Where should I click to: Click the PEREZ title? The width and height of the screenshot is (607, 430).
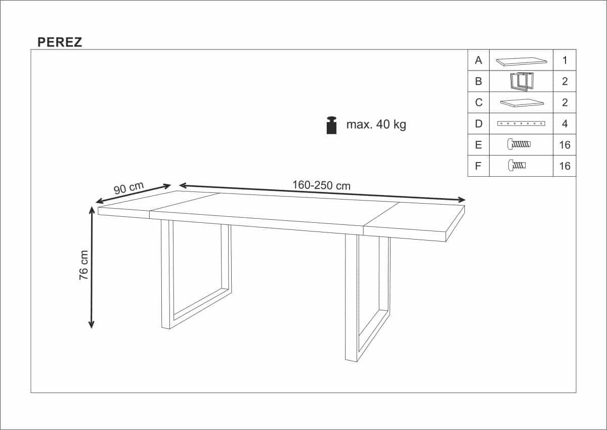click(x=60, y=43)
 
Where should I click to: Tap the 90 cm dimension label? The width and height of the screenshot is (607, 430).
click(x=128, y=188)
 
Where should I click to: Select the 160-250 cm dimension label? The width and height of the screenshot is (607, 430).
click(x=321, y=185)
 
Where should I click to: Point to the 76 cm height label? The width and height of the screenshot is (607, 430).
click(x=84, y=265)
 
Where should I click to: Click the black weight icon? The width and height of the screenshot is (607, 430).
click(x=332, y=125)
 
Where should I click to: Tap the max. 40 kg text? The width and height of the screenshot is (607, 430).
click(x=376, y=125)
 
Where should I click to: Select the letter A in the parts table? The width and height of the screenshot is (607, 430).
click(x=479, y=60)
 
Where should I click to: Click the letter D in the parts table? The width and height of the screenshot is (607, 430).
click(x=479, y=124)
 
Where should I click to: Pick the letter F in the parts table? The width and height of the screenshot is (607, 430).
click(x=479, y=166)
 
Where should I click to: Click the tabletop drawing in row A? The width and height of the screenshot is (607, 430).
click(x=521, y=61)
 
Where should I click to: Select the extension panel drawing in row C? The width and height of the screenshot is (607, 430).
click(x=522, y=103)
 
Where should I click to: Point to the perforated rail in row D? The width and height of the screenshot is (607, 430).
click(x=521, y=124)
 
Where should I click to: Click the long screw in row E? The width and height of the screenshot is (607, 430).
click(x=519, y=144)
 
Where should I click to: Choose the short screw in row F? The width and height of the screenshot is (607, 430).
click(x=517, y=165)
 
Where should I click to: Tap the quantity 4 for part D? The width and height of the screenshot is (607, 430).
click(x=565, y=124)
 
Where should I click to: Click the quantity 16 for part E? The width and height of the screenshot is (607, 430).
click(x=565, y=145)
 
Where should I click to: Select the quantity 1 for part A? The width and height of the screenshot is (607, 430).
click(x=565, y=60)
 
